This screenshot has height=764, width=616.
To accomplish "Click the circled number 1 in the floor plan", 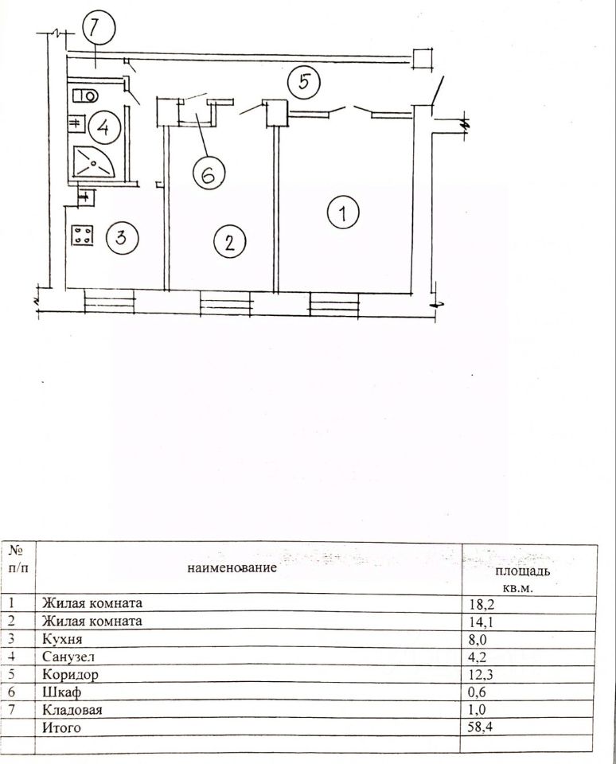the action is [x=343, y=212].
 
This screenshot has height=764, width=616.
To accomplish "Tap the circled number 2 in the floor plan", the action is [x=229, y=241].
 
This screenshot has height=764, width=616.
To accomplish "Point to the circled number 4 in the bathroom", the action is [x=104, y=126].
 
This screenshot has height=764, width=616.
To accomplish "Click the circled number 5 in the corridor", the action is [x=303, y=80].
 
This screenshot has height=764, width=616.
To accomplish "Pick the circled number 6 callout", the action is [x=208, y=174].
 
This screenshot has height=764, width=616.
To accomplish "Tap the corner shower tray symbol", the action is [x=94, y=165].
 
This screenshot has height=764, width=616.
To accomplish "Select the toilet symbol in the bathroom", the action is [x=84, y=96].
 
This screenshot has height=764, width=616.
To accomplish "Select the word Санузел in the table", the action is [x=67, y=657].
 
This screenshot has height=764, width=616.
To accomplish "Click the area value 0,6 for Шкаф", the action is [x=478, y=692].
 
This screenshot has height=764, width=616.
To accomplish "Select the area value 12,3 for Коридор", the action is [x=481, y=674].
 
